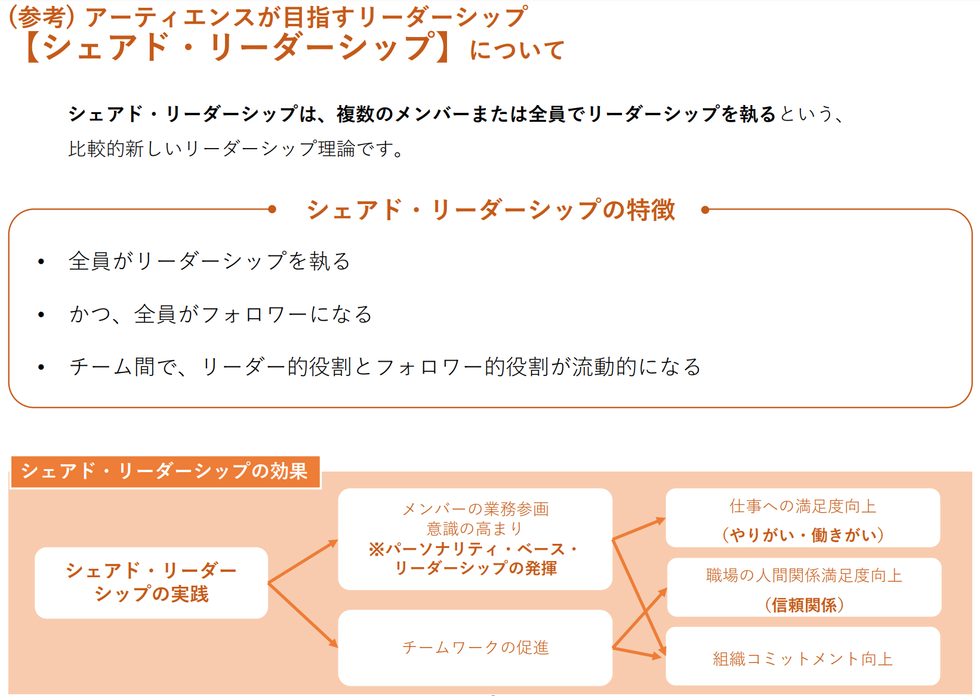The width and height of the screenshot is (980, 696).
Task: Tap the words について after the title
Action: coord(517,50)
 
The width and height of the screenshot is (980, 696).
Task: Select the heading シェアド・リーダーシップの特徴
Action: coord(491,210)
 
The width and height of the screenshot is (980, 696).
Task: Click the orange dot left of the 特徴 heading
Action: coord(272,209)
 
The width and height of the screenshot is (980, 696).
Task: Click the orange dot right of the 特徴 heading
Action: coord(705,210)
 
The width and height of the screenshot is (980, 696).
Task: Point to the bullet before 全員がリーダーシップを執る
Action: coord(41,261)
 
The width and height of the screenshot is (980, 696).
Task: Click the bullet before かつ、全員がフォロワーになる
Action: coord(41,315)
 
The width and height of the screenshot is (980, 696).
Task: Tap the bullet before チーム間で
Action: coord(41,367)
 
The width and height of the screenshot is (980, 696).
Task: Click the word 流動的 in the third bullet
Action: coord(605,367)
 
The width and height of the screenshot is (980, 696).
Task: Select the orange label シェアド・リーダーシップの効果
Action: coord(165,472)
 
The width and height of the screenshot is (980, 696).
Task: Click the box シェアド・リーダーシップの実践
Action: coord(151,583)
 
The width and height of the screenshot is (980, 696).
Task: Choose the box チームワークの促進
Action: coord(475,648)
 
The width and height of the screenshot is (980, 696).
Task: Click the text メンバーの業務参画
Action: coord(475,509)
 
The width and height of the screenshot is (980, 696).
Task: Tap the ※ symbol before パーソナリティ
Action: coord(377,549)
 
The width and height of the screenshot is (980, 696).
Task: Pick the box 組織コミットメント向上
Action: coord(803,658)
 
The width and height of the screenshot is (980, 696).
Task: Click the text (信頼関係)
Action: coord(804,605)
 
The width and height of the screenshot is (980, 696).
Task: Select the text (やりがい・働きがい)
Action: coord(803,535)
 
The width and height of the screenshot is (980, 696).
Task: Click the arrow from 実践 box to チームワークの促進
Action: coord(303,615)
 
